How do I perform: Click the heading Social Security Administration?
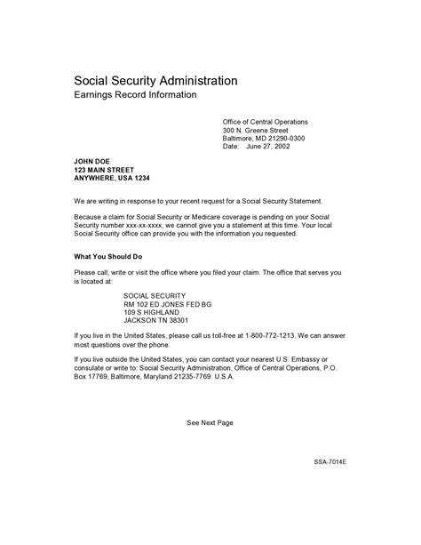(155, 80)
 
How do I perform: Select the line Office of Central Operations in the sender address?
(265, 121)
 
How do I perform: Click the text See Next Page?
(210, 423)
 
